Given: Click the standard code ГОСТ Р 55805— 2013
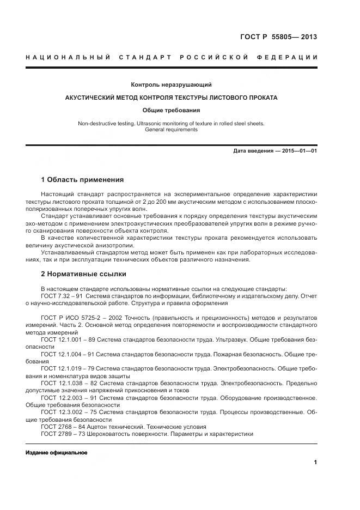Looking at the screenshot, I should (278, 37).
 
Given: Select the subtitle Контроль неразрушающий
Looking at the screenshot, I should (171, 85).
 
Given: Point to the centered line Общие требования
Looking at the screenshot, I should (171, 110).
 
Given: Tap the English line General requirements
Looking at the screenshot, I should (171, 130).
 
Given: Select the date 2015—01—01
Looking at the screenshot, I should (299, 150).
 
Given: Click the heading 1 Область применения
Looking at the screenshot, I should (82, 179).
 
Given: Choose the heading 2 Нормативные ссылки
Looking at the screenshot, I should (83, 274).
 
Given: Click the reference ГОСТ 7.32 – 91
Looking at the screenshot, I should (60, 296).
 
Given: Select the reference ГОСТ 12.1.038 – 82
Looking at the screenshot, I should (66, 383).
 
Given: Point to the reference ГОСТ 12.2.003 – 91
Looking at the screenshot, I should (66, 398).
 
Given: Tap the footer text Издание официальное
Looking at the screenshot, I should (56, 453).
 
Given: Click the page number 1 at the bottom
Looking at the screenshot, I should (315, 463).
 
